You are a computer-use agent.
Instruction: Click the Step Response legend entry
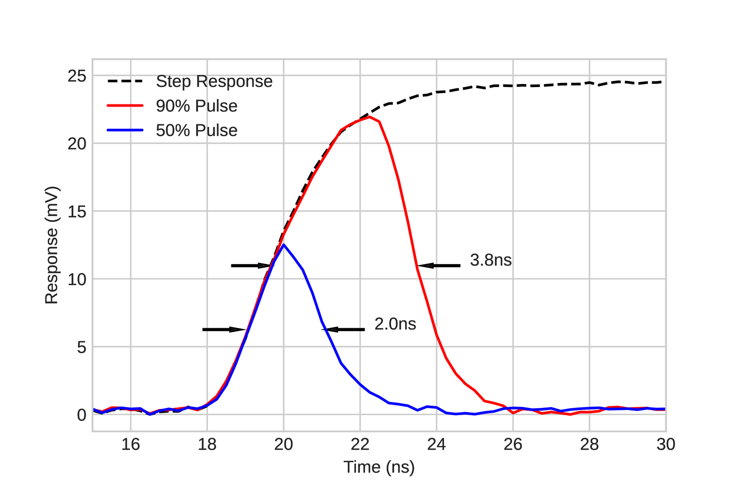pos(214,81)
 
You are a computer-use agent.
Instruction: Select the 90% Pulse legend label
pos(197,106)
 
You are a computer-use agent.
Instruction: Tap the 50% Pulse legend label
pos(197,131)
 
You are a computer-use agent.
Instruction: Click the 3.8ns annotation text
pos(491,260)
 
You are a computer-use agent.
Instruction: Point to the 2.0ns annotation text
pos(395,324)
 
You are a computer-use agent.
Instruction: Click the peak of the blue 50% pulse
pos(284,245)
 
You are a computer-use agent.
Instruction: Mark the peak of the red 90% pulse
pos(369,117)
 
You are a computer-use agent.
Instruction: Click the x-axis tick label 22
pos(360,444)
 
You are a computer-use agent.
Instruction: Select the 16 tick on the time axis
pos(131,444)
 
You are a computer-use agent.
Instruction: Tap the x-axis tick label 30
pos(666,444)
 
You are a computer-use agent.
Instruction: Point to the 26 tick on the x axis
pos(513,444)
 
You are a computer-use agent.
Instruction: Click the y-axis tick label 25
pos(76,76)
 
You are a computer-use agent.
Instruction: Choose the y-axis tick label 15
pos(76,211)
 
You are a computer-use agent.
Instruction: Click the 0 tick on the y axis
pos(81,415)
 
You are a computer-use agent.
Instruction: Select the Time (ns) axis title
pos(379,467)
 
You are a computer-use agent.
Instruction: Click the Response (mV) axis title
pos(52,245)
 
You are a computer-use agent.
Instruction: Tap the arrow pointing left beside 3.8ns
pos(439,266)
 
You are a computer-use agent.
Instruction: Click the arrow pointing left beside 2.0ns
pos(344,330)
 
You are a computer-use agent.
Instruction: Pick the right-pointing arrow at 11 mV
pos(251,266)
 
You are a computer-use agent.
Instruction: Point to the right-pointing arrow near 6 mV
pos(224,330)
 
